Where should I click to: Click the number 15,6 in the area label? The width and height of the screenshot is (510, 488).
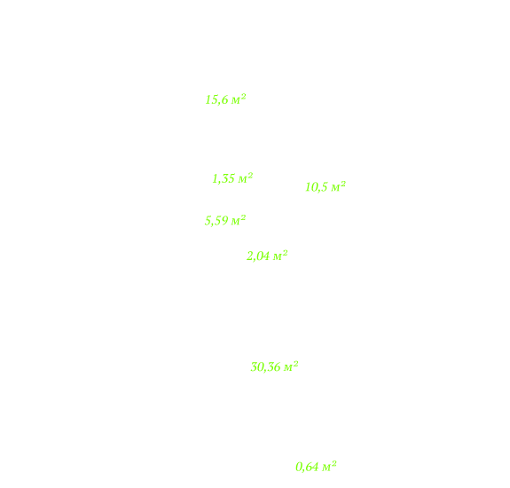tap(216, 100)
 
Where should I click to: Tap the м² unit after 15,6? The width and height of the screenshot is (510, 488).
tap(239, 98)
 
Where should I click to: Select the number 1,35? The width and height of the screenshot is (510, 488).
tap(224, 178)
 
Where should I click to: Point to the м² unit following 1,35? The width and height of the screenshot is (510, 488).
tap(245, 177)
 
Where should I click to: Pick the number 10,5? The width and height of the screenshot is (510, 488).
tap(317, 187)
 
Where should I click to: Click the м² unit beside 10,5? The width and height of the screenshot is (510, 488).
tap(338, 186)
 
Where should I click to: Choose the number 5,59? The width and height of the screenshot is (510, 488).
tap(216, 221)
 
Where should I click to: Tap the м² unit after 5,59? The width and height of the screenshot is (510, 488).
tap(238, 220)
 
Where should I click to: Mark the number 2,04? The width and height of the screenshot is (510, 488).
tap(258, 256)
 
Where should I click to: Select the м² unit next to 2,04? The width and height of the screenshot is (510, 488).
tap(280, 256)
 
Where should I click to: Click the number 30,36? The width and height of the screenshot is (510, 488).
tap(265, 367)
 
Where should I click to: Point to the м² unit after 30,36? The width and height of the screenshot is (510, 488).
tap(291, 366)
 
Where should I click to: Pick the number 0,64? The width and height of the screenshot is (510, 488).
tap(307, 468)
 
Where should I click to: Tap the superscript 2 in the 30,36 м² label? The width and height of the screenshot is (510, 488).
tap(295, 364)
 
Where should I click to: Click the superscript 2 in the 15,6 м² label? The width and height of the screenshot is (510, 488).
tap(243, 96)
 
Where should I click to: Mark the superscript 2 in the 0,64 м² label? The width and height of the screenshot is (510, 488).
tap(333, 463)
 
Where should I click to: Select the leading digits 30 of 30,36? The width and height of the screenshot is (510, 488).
tap(256, 367)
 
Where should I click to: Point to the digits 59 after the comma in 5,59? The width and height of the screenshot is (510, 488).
tap(222, 221)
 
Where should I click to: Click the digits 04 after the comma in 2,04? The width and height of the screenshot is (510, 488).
tap(263, 256)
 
